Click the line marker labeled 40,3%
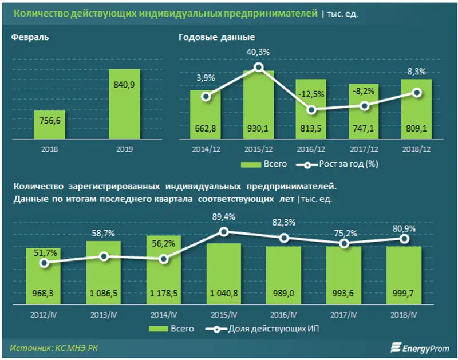click(259, 68)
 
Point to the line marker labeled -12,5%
click(311, 110)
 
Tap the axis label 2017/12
click(364, 149)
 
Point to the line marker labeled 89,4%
click(224, 231)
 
